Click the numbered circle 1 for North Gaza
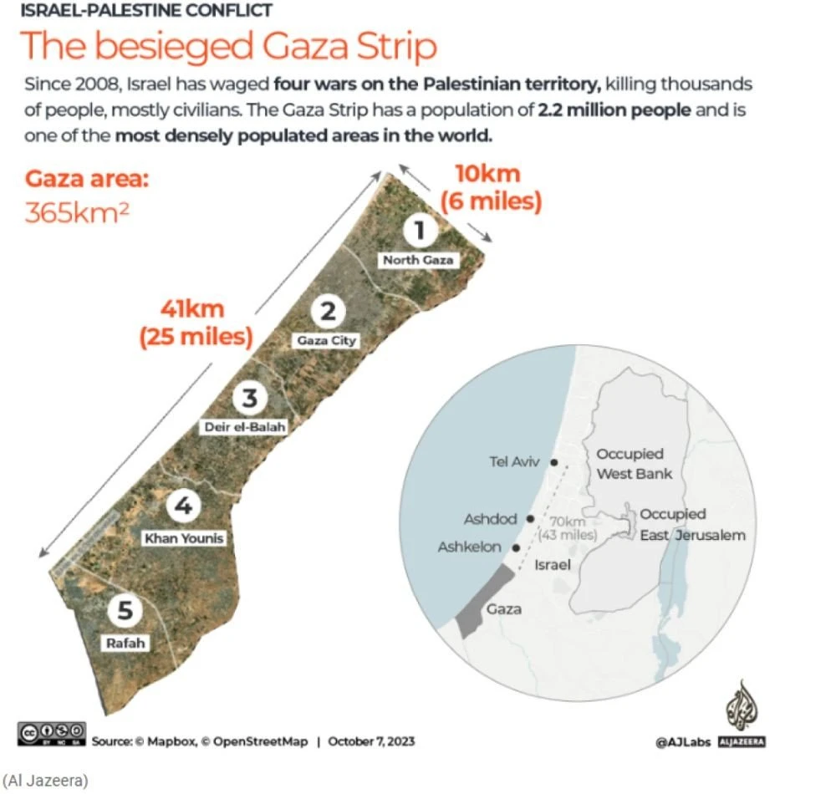[420, 230]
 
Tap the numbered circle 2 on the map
[327, 311]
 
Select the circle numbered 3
[248, 397]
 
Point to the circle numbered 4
[183, 506]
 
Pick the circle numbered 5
[125, 612]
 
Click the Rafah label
[125, 643]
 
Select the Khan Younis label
[184, 538]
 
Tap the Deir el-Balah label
[245, 427]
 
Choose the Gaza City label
[326, 340]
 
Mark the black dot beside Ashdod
[530, 518]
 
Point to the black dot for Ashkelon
[516, 548]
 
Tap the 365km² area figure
[77, 212]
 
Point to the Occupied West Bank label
[633, 464]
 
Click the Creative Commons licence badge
[51, 733]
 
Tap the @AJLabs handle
[682, 741]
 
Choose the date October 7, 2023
[371, 741]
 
